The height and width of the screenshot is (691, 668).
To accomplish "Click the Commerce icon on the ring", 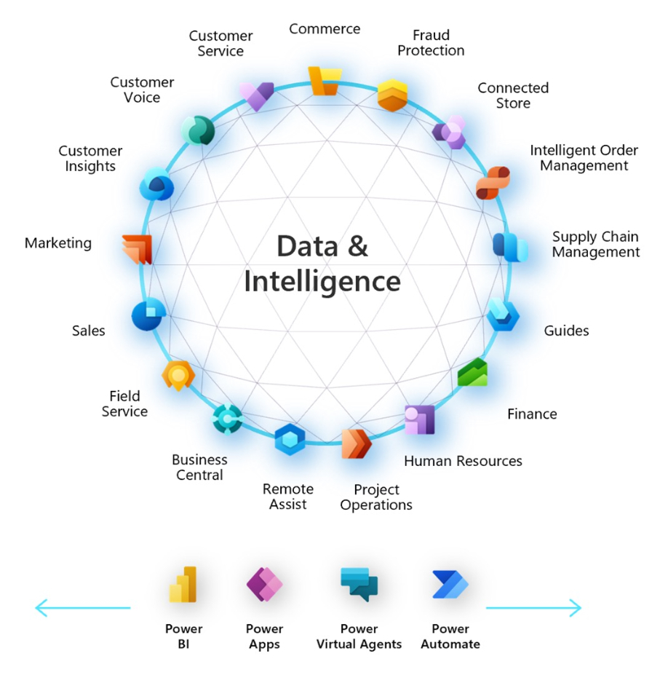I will point(324,80).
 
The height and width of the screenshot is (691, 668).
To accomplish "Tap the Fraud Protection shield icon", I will point(392,95).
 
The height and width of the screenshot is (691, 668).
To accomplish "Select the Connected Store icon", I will point(450,132).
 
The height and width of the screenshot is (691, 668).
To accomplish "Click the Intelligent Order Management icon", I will point(492,182).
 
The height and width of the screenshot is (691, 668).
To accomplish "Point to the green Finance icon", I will point(473,373).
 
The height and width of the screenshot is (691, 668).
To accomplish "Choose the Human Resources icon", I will point(419,419).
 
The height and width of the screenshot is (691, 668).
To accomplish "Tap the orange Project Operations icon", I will point(356,442).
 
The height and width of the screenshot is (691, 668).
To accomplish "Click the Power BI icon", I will point(183,585).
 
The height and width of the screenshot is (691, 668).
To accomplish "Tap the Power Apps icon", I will point(264,584).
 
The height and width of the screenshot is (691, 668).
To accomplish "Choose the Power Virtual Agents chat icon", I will point(359,583).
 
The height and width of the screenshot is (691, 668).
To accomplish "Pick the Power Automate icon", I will point(450,585).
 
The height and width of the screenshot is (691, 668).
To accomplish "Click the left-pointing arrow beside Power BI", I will point(82,607).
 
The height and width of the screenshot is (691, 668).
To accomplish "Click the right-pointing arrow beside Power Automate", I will point(534,607).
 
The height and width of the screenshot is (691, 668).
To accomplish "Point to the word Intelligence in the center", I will point(322,281).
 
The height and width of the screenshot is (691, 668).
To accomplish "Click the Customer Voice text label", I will point(143,90).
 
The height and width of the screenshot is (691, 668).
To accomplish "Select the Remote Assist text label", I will point(288,497).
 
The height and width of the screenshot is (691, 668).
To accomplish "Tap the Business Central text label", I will point(199,467).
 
